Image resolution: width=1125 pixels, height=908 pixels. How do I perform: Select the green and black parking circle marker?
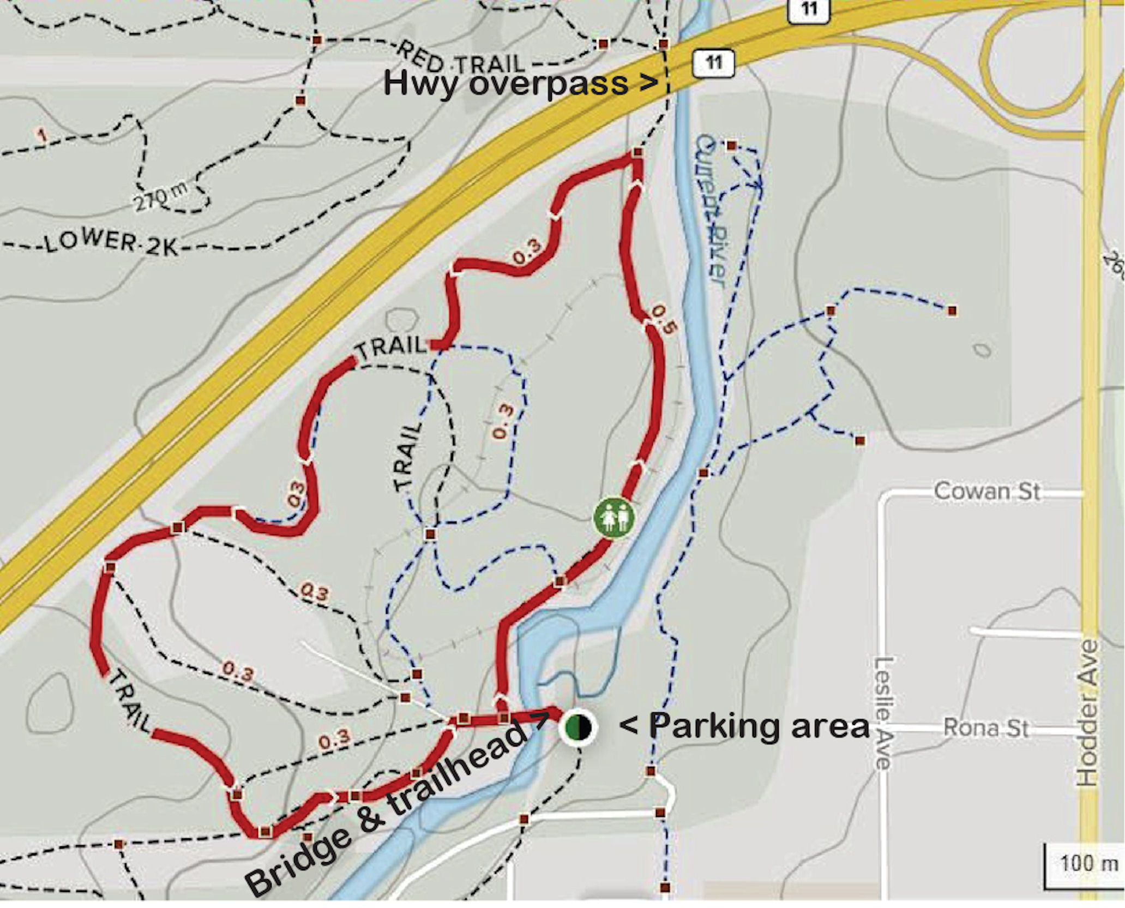(x=577, y=727)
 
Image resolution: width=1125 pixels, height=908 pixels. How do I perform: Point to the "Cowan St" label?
(x=986, y=491)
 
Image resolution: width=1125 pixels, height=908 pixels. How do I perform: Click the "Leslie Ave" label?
(x=882, y=712)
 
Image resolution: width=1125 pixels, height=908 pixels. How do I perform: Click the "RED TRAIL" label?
(x=461, y=59)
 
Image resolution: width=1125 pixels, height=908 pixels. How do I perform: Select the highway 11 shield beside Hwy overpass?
(x=713, y=62)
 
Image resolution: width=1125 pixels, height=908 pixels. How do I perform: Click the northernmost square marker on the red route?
(x=637, y=155)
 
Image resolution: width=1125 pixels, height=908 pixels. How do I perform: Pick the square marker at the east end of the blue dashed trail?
(x=952, y=310)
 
